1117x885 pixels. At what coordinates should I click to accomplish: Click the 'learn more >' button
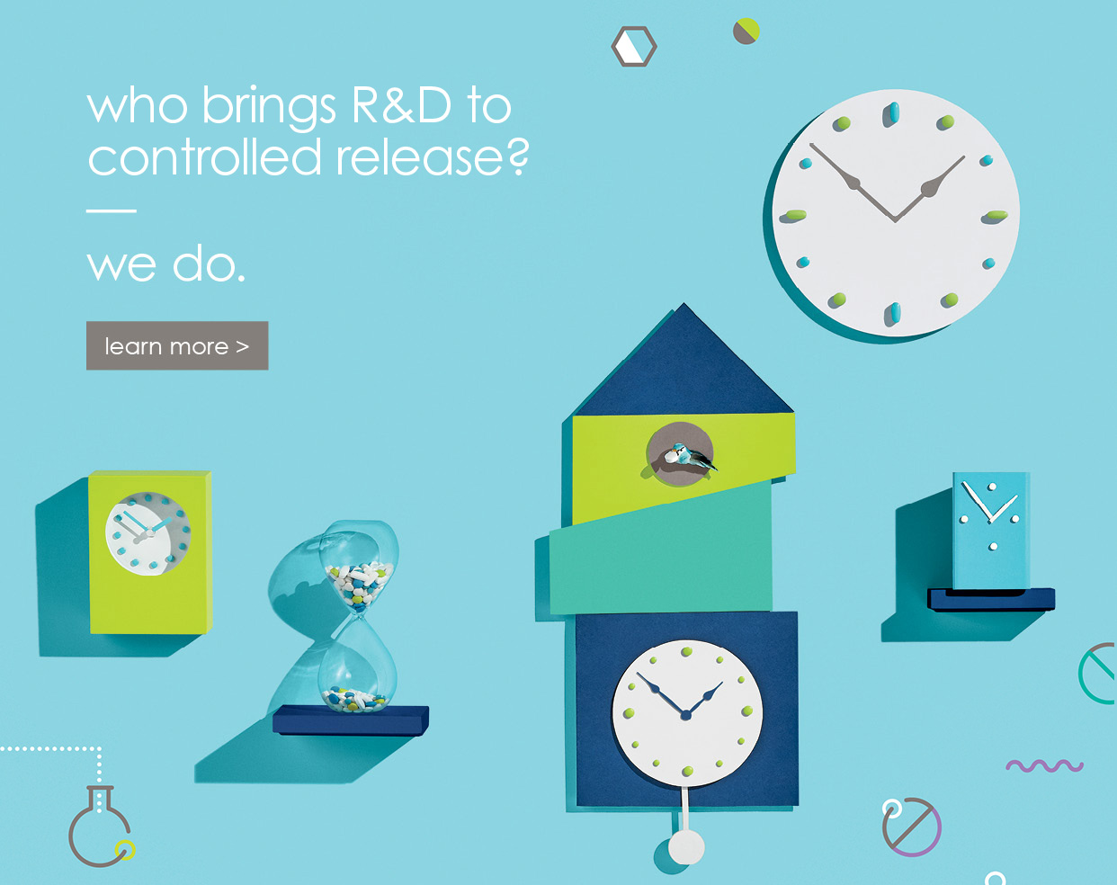click(177, 345)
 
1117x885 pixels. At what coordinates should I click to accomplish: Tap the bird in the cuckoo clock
click(689, 458)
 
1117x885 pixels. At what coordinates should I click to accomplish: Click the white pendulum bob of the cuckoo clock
click(686, 847)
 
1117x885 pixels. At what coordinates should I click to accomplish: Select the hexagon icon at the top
click(634, 46)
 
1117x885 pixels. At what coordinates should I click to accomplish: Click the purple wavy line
click(1044, 765)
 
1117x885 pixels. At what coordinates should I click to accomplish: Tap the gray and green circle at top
click(746, 31)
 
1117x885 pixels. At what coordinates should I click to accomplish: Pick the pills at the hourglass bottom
click(355, 699)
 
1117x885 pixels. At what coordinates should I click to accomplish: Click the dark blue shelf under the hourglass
click(351, 720)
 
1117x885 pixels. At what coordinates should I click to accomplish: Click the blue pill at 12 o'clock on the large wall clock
click(894, 113)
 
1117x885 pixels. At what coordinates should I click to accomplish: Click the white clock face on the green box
click(147, 533)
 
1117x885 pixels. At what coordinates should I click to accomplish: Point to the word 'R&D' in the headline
click(401, 105)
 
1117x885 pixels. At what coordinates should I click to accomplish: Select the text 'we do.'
click(165, 265)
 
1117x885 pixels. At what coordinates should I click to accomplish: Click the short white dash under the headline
click(112, 210)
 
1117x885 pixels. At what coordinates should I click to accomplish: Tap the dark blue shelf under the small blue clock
click(991, 600)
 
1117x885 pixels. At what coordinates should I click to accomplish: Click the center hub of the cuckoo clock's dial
click(685, 715)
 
